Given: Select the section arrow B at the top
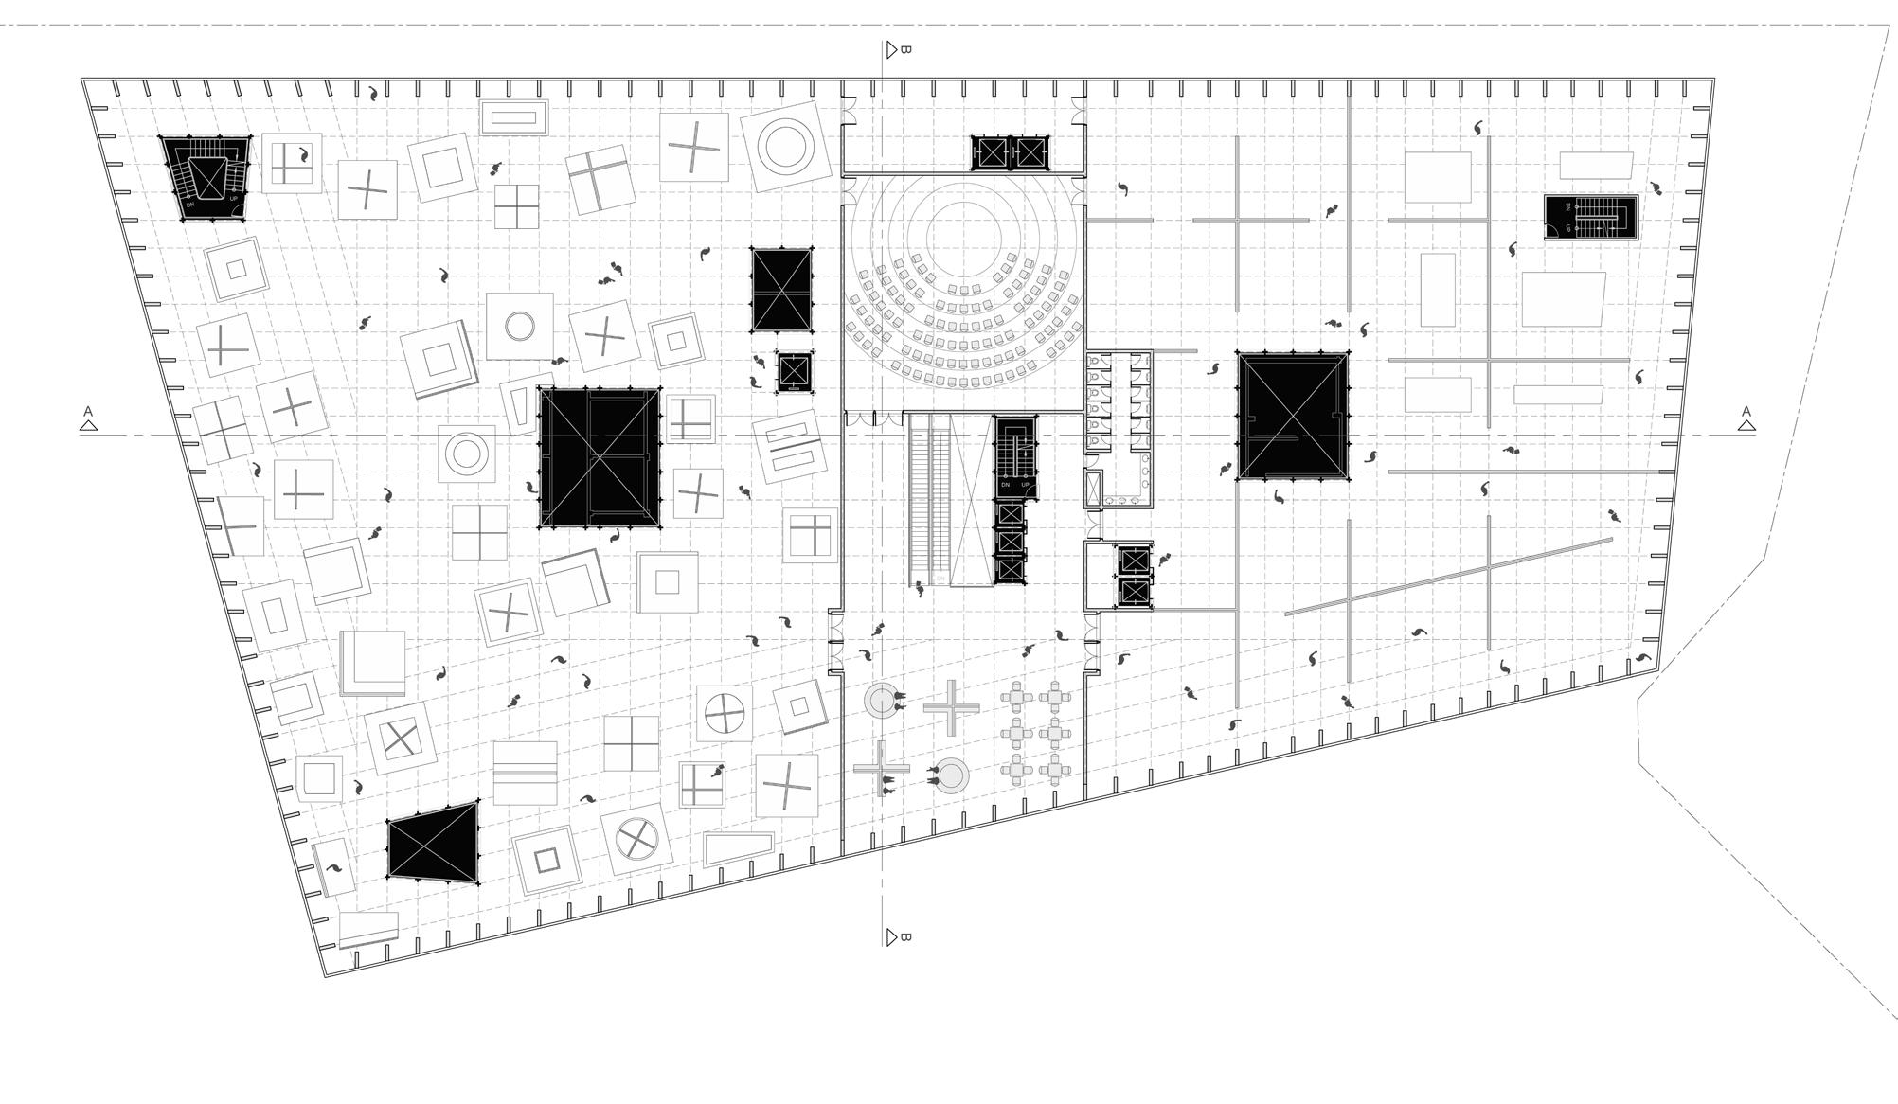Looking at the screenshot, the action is tap(891, 49).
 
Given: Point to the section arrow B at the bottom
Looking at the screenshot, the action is tap(891, 937).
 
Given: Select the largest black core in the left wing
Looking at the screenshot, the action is tap(600, 456).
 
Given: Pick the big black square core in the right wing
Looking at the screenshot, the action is tap(1292, 416).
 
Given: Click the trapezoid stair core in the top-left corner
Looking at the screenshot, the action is tap(206, 176).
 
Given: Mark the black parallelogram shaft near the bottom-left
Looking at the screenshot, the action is tap(433, 843).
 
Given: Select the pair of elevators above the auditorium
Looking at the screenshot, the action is tap(1010, 152).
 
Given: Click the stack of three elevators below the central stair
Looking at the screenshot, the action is tap(1011, 543).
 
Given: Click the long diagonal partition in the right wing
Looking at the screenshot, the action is tap(1449, 576).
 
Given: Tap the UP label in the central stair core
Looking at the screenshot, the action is tap(1025, 485).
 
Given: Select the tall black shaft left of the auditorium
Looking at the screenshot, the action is tap(781, 290).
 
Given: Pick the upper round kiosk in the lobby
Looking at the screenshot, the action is tap(881, 701).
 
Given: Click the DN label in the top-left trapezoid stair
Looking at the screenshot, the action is tap(189, 205).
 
